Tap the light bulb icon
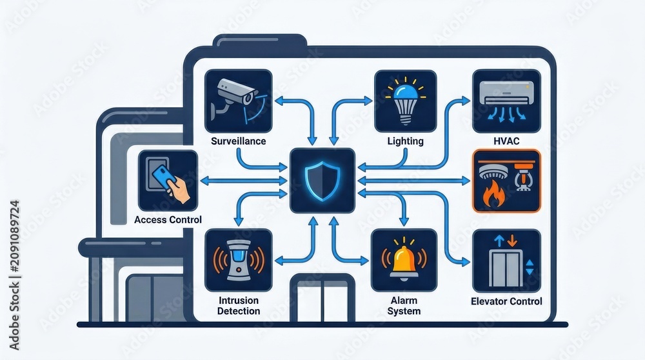click(406, 101)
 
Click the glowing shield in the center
click(322, 181)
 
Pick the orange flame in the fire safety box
click(493, 195)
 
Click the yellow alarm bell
click(404, 262)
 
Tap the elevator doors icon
click(506, 268)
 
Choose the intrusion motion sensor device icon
click(239, 261)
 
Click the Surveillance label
click(238, 141)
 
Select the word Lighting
click(405, 141)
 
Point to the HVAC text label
click(506, 141)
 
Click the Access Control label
click(168, 220)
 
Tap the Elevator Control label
click(506, 301)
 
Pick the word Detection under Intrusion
click(239, 311)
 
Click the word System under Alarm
click(404, 311)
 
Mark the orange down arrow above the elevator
click(512, 241)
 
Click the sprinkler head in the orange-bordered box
click(522, 177)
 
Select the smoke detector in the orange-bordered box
click(492, 172)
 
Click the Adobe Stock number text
click(14, 275)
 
